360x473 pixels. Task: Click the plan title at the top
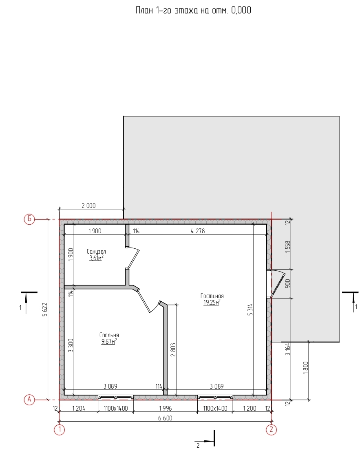[x=193, y=11]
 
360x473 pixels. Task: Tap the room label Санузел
[x=96, y=252]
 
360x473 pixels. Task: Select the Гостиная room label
[x=212, y=296]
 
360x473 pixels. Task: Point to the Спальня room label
[x=109, y=335]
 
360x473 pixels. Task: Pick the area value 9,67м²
[x=109, y=341]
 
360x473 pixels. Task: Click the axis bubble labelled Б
[x=29, y=219]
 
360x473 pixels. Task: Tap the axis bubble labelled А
[x=29, y=400]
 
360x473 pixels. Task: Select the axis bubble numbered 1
[x=60, y=429]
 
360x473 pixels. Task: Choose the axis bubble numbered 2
[x=272, y=429]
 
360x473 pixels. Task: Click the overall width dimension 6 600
[x=165, y=418]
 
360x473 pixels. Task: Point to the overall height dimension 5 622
[x=45, y=309]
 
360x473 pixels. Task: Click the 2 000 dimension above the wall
[x=88, y=206]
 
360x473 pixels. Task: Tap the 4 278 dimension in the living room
[x=198, y=231]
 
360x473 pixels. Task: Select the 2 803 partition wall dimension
[x=173, y=350]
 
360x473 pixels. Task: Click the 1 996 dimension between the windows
[x=165, y=409]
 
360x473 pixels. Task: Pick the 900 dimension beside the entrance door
[x=288, y=283]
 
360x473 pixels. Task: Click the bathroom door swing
[x=133, y=258]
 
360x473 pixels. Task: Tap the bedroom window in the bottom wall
[x=116, y=397]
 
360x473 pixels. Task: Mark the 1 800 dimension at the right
[x=306, y=368]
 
